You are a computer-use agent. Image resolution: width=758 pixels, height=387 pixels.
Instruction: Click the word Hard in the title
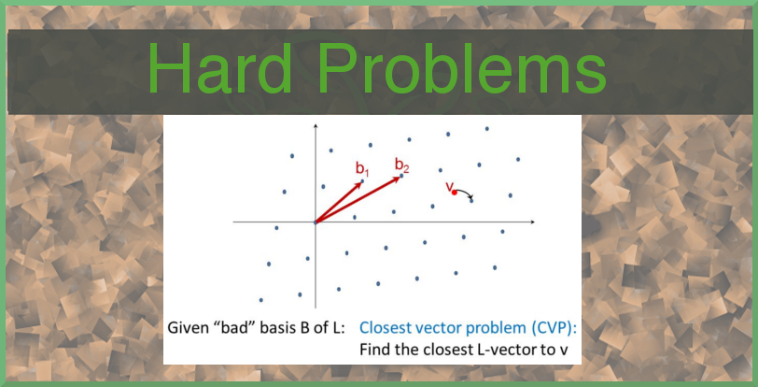point(219,68)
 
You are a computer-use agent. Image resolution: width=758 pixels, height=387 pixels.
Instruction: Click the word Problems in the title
point(462,68)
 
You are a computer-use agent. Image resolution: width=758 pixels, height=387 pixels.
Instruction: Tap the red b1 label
point(362,168)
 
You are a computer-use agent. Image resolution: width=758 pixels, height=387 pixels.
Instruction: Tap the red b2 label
point(402,165)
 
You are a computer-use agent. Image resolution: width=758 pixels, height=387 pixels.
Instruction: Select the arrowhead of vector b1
point(359,184)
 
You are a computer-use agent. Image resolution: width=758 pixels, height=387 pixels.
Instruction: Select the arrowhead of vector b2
point(399,178)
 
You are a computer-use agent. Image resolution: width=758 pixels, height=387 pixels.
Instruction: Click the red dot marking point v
point(455,193)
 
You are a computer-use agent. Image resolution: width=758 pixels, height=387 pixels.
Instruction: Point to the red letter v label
point(449,186)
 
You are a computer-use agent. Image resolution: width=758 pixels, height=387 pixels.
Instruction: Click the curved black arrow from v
point(465,192)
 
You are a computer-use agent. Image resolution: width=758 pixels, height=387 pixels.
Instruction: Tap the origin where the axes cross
point(316,222)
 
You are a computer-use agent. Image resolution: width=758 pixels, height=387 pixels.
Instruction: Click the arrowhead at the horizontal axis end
point(532,222)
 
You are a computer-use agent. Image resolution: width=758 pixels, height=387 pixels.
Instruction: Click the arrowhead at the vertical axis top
point(316,126)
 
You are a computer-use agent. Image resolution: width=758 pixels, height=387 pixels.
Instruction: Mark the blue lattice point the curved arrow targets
point(471,201)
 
